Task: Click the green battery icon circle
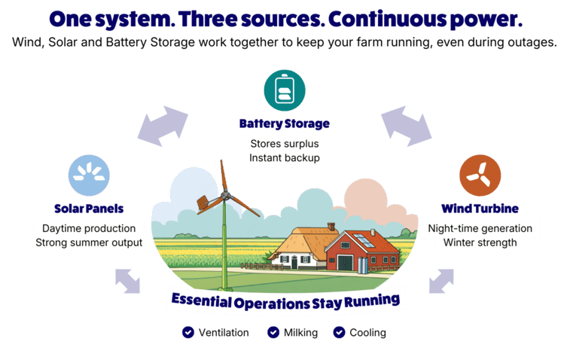pos(285,90)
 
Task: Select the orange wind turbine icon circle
pos(480,175)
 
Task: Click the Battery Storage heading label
pos(285,124)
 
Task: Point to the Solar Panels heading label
pos(89,208)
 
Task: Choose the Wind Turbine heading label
pos(480,208)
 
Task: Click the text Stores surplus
pos(285,142)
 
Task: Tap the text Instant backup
pos(285,157)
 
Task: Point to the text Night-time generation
pos(480,228)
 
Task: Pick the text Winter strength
pos(480,242)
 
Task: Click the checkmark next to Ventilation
pos(187,332)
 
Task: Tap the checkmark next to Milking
pos(273,332)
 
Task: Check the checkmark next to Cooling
pos(339,332)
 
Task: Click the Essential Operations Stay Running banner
pos(285,299)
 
